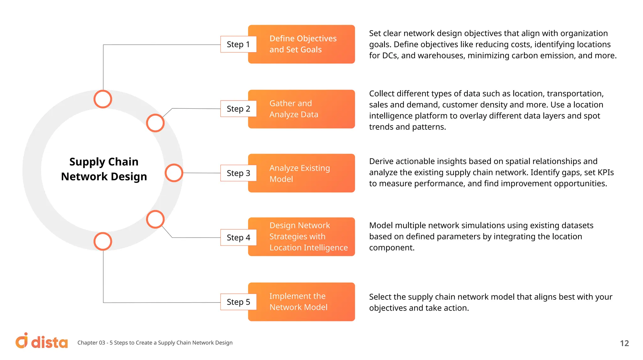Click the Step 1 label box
click(x=238, y=44)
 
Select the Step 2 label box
click(x=238, y=109)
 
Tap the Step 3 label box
click(x=238, y=173)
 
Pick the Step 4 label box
click(x=238, y=237)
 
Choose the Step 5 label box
click(x=238, y=302)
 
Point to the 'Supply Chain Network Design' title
click(x=104, y=169)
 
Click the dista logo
click(x=41, y=341)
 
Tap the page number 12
click(x=624, y=343)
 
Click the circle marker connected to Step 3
click(x=174, y=173)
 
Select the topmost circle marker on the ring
click(x=103, y=99)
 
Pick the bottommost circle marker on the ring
click(x=103, y=241)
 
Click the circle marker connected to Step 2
click(x=155, y=123)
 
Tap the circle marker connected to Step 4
click(x=155, y=219)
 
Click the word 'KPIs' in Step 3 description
click(x=605, y=172)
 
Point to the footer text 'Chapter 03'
click(x=91, y=343)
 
